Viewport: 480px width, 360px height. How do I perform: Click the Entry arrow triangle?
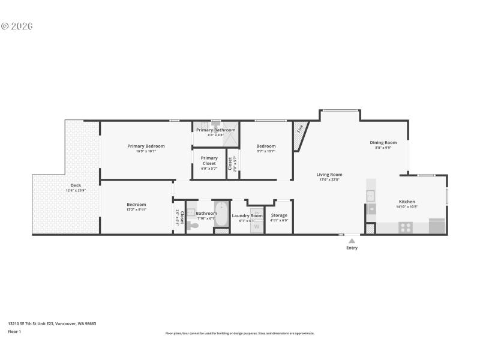(352, 241)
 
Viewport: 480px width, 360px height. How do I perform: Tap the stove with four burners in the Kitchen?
(406, 227)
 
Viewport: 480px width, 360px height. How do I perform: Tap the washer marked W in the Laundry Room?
(256, 226)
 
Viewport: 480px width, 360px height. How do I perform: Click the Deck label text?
(76, 185)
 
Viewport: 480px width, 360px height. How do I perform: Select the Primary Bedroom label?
(146, 146)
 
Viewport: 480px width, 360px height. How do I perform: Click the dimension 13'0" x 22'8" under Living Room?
(329, 179)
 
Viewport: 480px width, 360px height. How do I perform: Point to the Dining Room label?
(383, 143)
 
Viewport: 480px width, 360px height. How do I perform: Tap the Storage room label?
(279, 215)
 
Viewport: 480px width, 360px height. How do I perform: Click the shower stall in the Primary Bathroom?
(230, 140)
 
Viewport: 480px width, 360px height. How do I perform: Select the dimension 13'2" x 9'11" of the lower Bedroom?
(136, 209)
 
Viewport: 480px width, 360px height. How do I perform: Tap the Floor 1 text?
(14, 331)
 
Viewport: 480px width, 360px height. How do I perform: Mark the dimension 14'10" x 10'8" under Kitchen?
(406, 206)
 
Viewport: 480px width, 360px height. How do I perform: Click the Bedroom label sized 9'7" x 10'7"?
(266, 146)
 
